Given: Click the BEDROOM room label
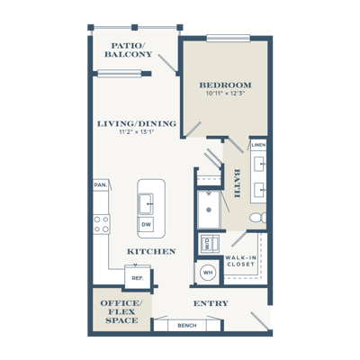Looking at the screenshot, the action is [226, 85].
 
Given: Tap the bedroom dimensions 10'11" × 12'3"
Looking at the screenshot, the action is [226, 94].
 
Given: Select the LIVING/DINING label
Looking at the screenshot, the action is [137, 123].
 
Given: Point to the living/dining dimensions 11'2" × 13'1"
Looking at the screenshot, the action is [137, 131].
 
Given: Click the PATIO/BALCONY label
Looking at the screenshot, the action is [128, 50].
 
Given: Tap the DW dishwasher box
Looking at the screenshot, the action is [146, 224].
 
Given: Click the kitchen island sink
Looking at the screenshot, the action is [146, 203].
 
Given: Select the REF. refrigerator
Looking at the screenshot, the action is [138, 278].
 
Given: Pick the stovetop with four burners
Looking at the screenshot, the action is [102, 224].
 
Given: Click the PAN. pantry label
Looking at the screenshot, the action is [100, 185].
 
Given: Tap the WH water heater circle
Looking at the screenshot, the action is [208, 273].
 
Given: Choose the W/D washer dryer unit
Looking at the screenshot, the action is [210, 244].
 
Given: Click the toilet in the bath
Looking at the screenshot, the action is [258, 218].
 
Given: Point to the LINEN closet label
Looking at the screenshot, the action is [258, 145].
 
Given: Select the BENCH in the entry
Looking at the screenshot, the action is [187, 325].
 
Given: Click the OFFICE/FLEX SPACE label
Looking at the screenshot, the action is [121, 311].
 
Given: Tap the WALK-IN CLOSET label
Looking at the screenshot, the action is [240, 261].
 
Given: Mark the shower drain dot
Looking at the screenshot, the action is [209, 210].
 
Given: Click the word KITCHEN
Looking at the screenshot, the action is [151, 251].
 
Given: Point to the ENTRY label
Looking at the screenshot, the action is [211, 303].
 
